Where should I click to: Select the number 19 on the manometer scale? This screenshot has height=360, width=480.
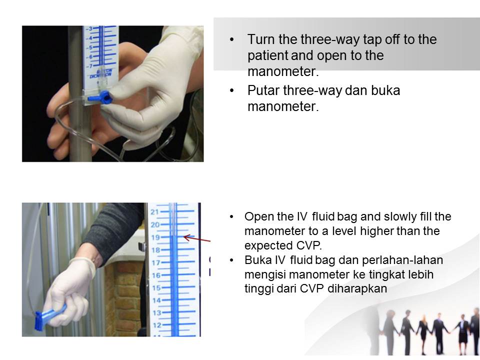click(x=154, y=237)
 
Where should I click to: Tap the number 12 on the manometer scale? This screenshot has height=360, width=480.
click(x=156, y=325)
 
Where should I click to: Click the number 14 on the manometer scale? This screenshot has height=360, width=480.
click(x=155, y=300)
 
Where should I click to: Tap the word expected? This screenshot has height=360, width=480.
click(x=264, y=246)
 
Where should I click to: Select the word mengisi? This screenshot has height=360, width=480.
click(x=262, y=275)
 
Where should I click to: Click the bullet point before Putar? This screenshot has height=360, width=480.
click(x=231, y=91)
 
